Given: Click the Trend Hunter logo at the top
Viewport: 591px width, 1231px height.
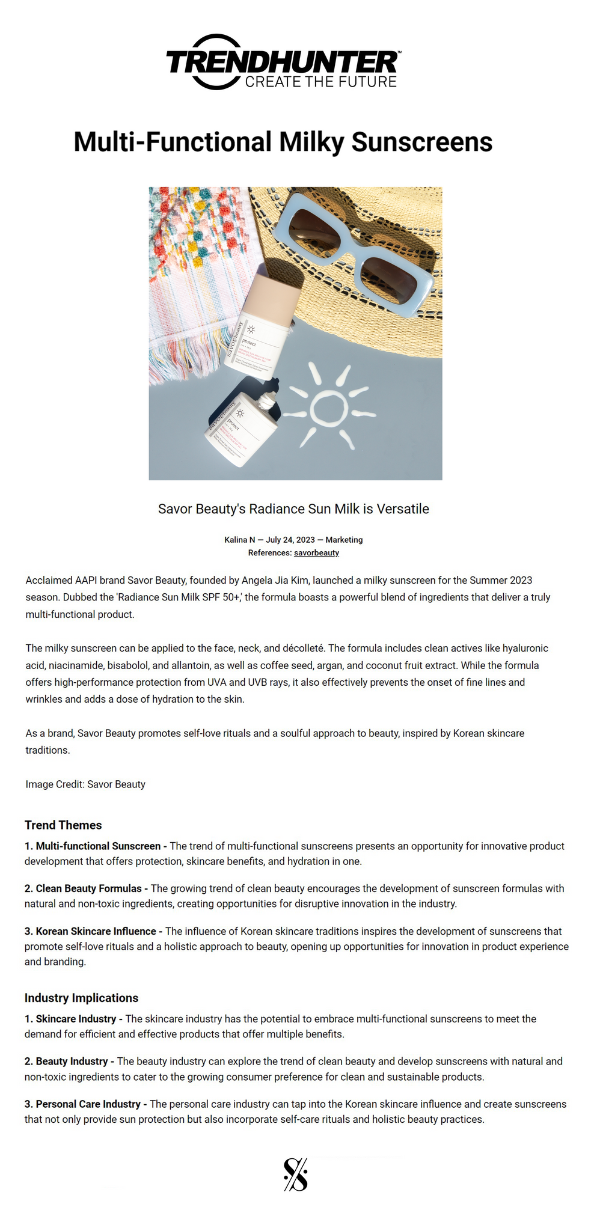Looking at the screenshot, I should pos(283,63).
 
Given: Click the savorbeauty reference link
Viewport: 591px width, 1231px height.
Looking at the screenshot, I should pos(316,553).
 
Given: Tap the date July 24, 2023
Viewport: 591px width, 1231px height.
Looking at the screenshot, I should pos(290,540).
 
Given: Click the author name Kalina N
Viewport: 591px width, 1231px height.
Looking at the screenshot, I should pos(239,540).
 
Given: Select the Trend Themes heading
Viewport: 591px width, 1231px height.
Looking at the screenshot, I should pos(63,825).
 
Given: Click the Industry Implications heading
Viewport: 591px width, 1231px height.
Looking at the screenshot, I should pos(81,998).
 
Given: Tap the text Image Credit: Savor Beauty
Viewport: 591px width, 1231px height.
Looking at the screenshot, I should pos(85,784).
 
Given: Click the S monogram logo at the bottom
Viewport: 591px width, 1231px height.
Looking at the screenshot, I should pos(295,1174).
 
